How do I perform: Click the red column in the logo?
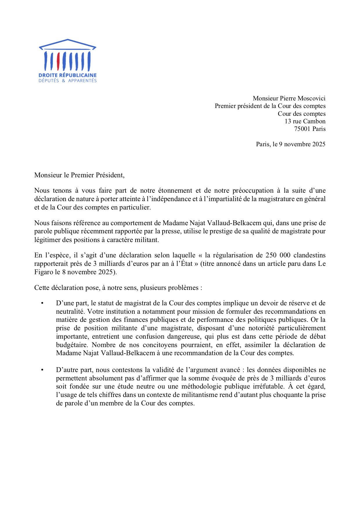58,61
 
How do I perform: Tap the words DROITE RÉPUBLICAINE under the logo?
68,75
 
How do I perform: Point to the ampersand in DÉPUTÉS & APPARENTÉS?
64,81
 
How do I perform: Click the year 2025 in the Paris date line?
319,144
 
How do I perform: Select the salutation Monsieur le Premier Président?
79,175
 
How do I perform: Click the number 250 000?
278,255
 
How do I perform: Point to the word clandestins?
309,255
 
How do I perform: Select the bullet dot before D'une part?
42,303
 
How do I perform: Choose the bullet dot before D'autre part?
42,370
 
